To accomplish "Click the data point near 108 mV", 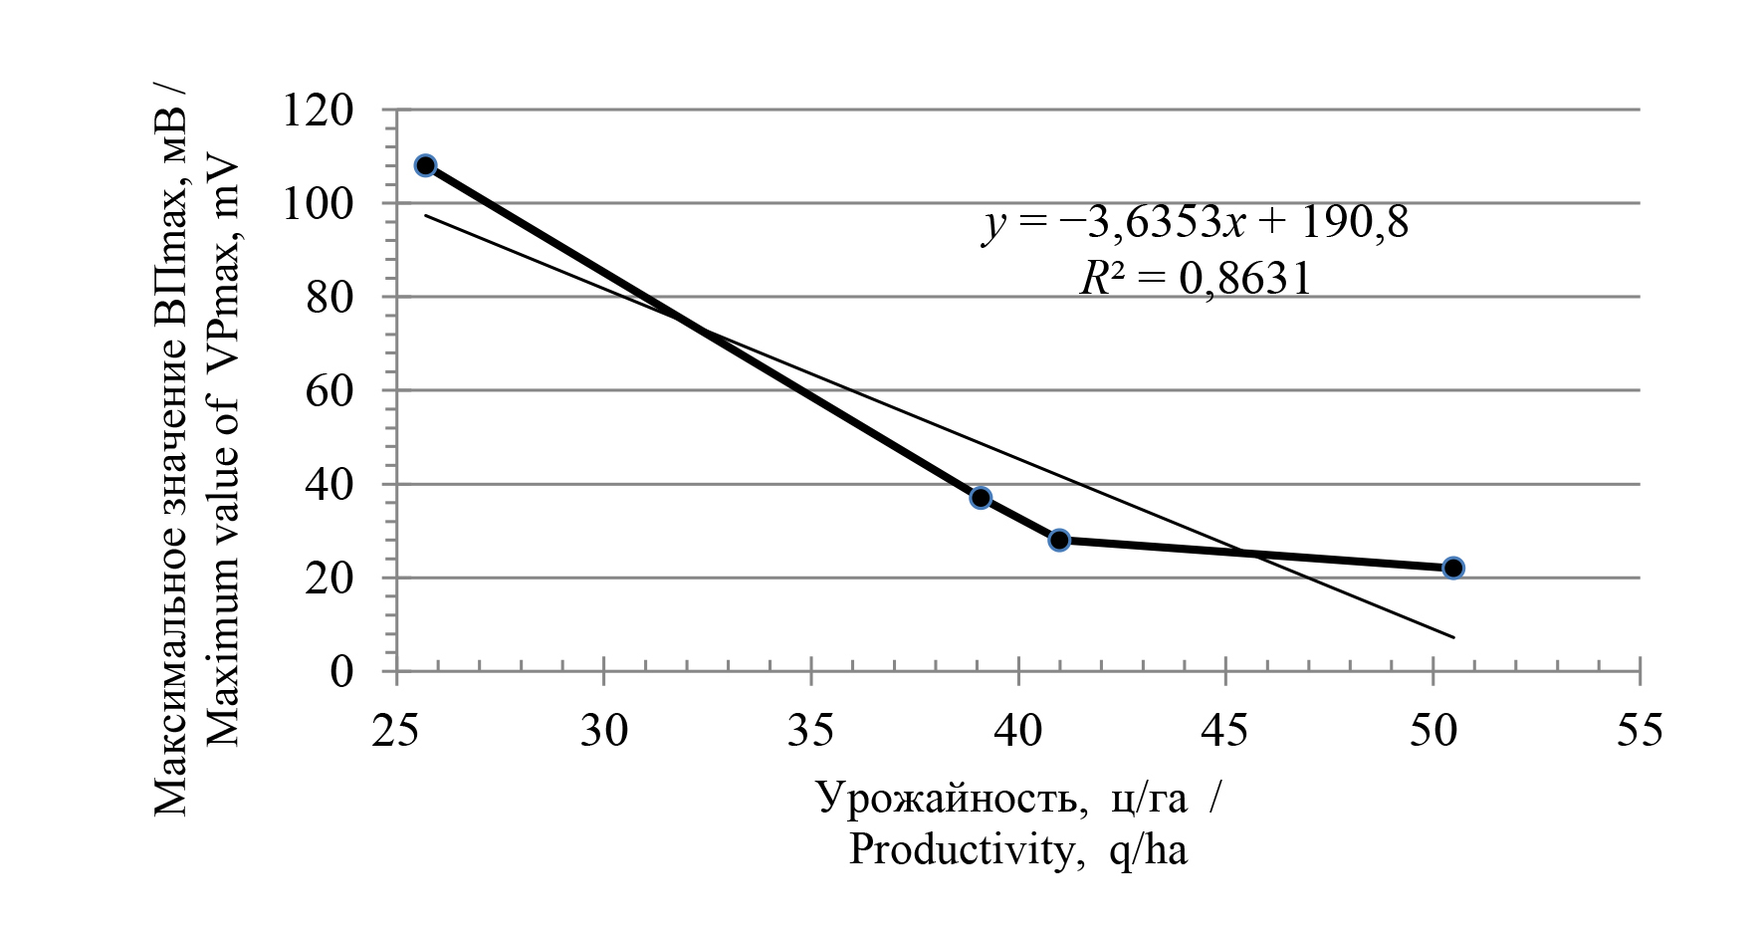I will pos(425,165).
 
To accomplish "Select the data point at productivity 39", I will pos(981,498).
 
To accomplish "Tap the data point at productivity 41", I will pos(1059,540).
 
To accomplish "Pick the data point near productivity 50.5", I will pos(1453,568).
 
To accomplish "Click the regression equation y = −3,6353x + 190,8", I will pos(1196,223).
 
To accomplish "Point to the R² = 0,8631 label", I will pos(1196,279).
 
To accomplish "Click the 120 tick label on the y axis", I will pos(319,110).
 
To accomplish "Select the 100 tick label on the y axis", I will pos(319,203).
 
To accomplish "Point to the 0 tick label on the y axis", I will pos(342,671).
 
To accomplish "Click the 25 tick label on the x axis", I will pos(396,731).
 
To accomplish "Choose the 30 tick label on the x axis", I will pos(604,731).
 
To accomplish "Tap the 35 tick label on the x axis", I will pos(811,731).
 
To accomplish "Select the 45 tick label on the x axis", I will pos(1225,731).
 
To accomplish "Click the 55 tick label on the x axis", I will pos(1640,731).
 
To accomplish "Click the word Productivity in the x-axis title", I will pos(956,850).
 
